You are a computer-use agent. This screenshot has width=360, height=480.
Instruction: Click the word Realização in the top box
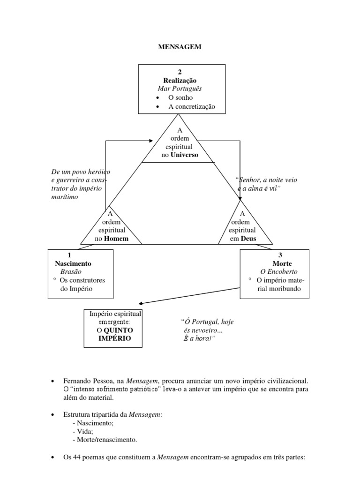(180, 80)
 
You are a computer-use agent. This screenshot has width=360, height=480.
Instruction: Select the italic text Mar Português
(180, 89)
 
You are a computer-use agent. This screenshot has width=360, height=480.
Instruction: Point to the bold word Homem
(116, 239)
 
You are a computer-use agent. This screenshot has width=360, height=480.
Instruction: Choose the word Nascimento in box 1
(73, 263)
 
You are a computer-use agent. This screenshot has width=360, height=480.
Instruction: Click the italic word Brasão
(70, 272)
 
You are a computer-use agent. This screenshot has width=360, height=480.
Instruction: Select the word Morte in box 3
(282, 263)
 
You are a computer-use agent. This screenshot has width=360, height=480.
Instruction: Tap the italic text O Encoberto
(279, 272)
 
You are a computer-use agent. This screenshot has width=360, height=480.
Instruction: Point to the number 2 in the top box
(180, 72)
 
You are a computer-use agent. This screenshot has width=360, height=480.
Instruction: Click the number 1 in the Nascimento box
(69, 255)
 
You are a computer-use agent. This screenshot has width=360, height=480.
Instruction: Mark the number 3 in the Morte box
(280, 255)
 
